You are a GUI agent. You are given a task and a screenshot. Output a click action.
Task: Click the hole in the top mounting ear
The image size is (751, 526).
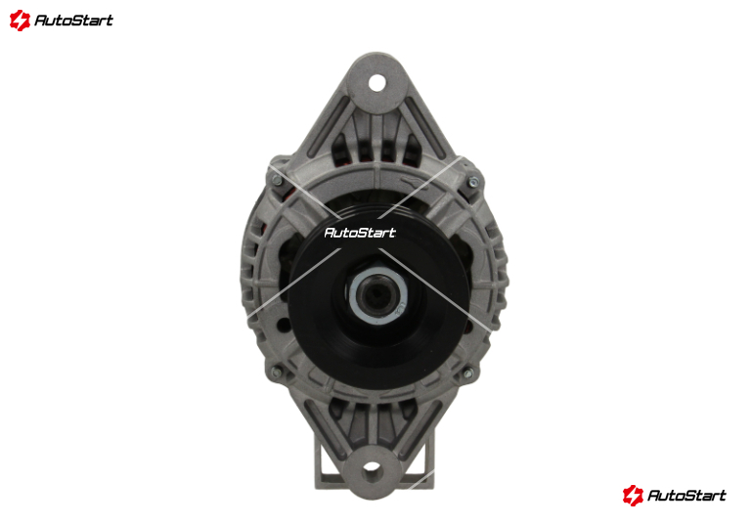(376, 83)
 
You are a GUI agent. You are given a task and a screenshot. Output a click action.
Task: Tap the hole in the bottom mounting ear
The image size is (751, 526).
(373, 469)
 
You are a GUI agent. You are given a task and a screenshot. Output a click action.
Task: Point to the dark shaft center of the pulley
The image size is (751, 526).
(377, 295)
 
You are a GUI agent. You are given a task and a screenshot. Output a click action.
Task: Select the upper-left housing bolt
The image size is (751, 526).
(277, 180)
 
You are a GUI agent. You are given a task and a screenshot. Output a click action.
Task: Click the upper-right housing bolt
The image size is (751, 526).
(473, 182)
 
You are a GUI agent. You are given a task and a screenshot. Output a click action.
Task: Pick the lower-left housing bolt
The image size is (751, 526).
(277, 373)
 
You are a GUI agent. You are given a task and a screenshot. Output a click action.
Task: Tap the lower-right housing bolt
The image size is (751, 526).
(468, 373)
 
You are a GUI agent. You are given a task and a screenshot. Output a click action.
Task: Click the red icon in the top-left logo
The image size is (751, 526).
(20, 21)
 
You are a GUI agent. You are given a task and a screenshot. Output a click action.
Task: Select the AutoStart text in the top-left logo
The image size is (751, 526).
(73, 21)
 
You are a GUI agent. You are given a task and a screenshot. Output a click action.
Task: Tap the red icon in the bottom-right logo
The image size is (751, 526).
(633, 495)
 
